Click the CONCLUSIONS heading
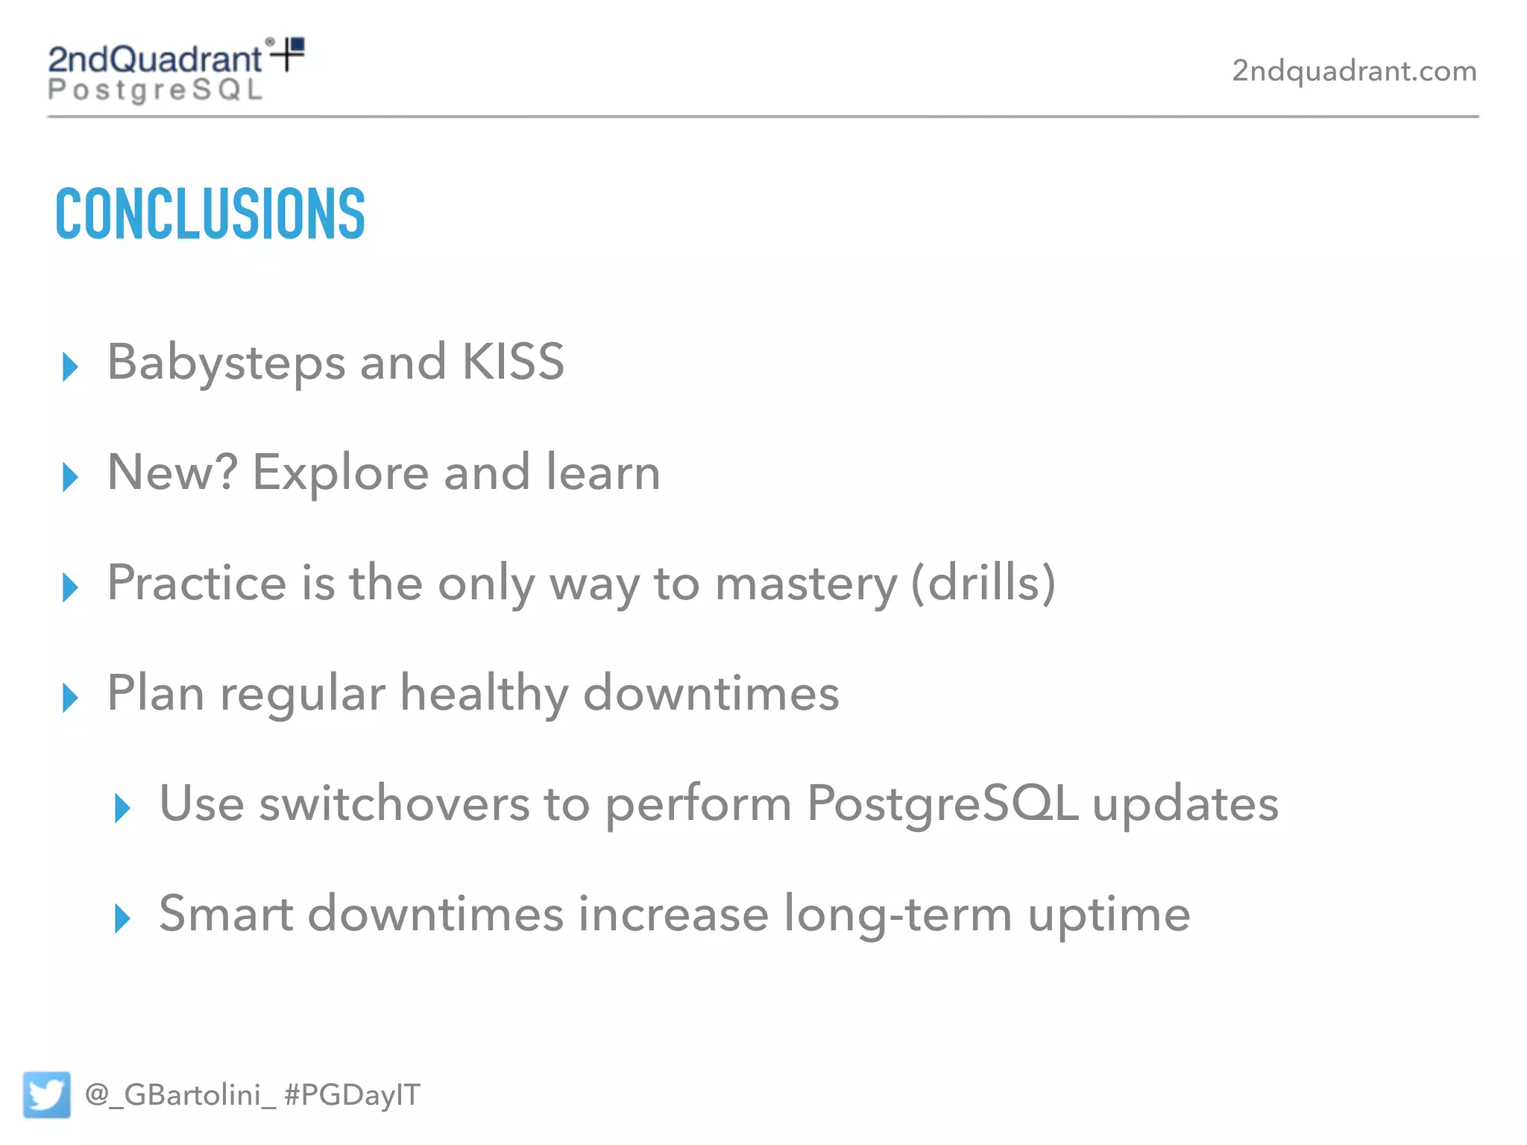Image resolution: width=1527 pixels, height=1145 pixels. coord(210,214)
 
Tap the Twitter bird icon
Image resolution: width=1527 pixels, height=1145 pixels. coord(46,1094)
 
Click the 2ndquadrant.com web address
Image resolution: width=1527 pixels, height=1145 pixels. coord(1354,71)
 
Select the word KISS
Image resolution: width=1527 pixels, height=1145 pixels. coord(513,362)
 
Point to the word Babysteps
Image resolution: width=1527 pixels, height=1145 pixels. coord(226,364)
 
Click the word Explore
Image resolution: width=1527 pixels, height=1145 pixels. coord(341,474)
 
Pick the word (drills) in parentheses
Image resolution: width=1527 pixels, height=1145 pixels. coord(983,583)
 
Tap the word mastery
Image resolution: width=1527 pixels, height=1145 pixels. coord(806,584)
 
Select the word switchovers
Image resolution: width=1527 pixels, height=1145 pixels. coord(394,805)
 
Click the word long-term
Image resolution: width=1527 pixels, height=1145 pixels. coord(898,915)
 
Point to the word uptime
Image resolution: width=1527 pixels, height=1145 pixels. coord(1109,915)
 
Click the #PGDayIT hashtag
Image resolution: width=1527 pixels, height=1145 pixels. coord(353,1095)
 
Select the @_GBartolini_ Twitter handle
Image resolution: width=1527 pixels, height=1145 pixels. coord(180,1095)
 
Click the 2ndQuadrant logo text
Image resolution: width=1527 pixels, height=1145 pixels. coord(155,60)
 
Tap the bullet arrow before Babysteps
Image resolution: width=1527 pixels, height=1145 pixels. coord(71,366)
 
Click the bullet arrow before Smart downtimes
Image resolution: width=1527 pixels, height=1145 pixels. coord(123,918)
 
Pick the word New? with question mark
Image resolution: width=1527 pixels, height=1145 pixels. coord(172,473)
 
